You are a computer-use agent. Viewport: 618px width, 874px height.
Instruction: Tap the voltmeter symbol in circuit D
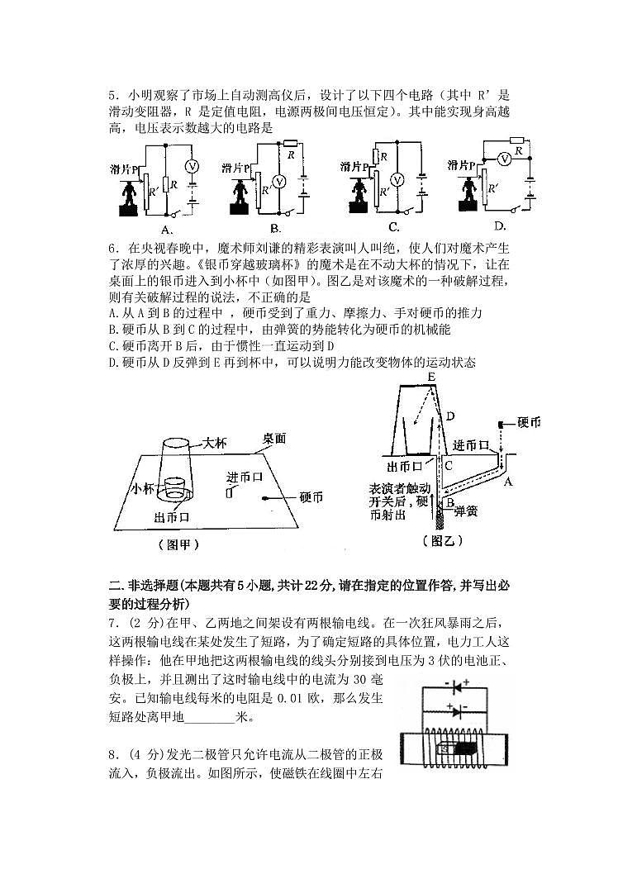point(504,158)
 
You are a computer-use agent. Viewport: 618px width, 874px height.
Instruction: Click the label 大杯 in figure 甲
point(214,444)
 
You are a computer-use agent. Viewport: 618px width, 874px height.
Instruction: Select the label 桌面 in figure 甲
point(273,439)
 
